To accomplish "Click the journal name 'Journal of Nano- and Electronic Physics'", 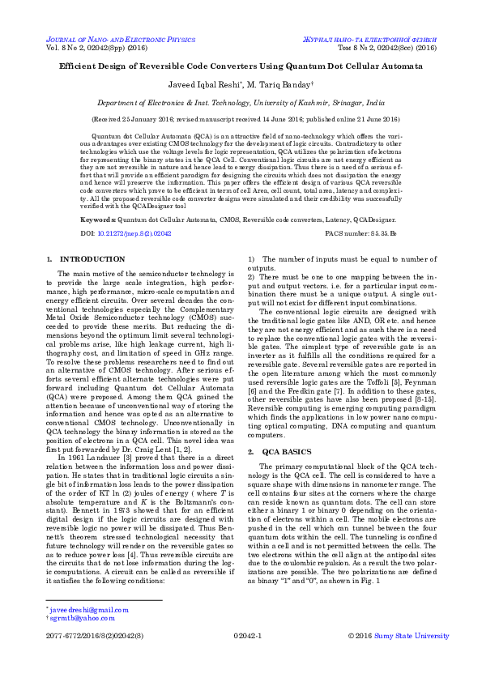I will [x=121, y=39].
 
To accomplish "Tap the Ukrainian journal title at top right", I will [x=369, y=39].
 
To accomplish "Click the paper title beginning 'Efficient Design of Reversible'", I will [x=241, y=68].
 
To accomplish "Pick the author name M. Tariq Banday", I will [x=279, y=87].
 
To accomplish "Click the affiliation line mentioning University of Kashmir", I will [x=241, y=104].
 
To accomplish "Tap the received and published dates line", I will [x=241, y=118].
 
